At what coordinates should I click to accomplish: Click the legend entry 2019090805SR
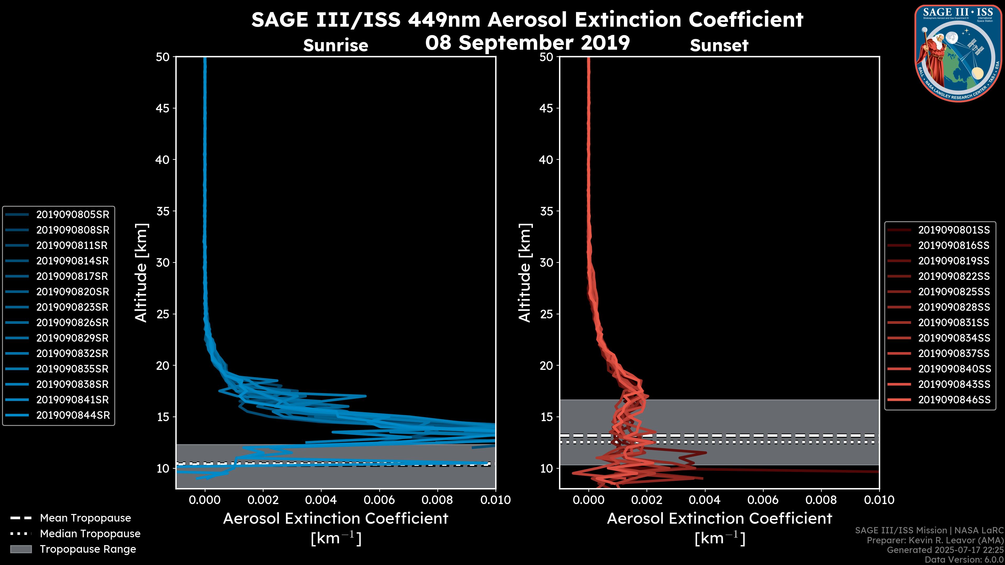tap(72, 214)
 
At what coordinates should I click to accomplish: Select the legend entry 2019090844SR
tap(73, 415)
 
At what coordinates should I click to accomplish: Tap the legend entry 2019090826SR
tap(72, 323)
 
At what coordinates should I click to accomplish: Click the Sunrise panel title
tap(336, 45)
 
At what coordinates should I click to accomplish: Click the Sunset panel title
tap(719, 45)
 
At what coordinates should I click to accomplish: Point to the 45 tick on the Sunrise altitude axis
tap(163, 108)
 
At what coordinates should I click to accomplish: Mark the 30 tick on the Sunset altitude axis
tap(546, 262)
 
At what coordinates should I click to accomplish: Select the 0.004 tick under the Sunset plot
tap(705, 500)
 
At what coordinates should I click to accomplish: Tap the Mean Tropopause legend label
tap(85, 518)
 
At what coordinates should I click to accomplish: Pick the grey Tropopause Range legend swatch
tap(21, 549)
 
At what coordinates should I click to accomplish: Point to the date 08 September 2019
tap(527, 43)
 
